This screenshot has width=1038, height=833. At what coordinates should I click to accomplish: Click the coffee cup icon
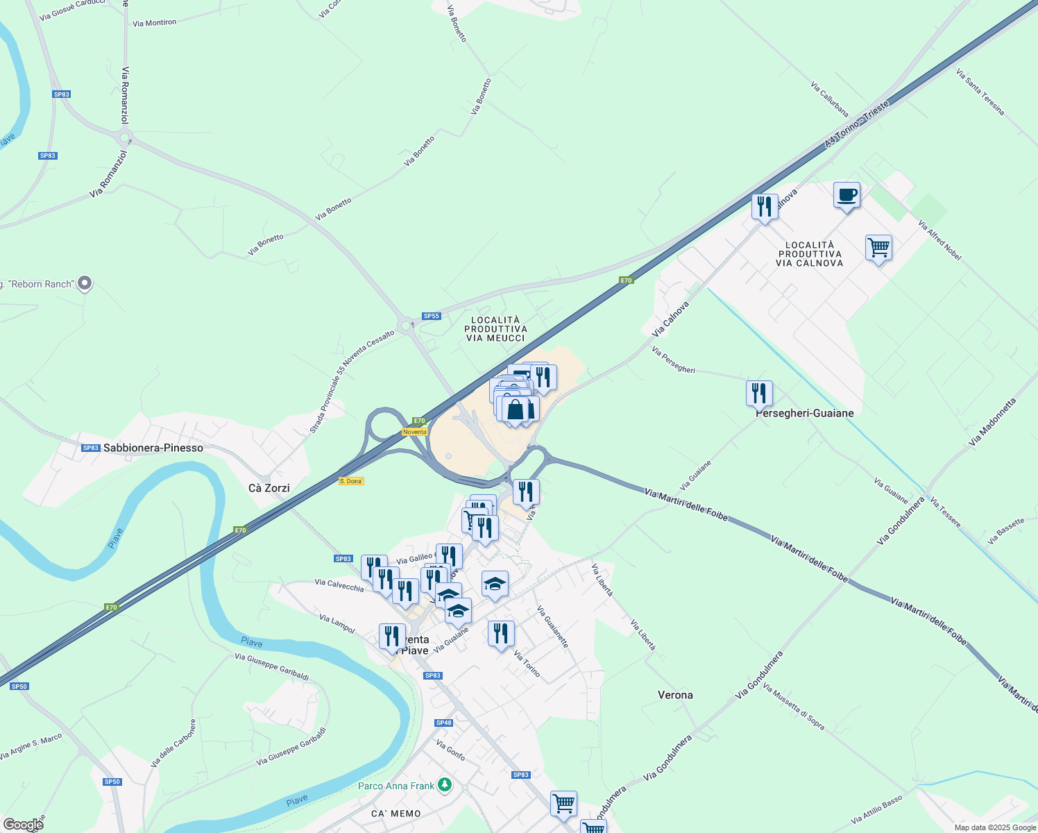coord(846,195)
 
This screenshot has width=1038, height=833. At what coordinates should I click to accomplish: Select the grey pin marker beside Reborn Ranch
coord(85,283)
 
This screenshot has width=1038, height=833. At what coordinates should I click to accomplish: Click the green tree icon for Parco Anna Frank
coord(445,786)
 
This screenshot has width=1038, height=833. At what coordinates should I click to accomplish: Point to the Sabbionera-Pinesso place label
coord(153,448)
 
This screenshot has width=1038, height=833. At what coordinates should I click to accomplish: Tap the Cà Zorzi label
coord(269,488)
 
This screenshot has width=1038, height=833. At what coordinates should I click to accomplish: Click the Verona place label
coord(675,695)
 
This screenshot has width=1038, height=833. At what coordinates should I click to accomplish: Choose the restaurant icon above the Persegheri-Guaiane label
coord(760,394)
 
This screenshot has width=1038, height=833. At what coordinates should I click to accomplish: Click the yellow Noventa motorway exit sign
coord(415,432)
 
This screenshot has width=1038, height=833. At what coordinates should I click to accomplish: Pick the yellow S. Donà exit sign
coord(351,481)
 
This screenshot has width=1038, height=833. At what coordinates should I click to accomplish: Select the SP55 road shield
coord(432,316)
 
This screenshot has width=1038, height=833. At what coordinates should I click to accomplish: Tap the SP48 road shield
coord(444,723)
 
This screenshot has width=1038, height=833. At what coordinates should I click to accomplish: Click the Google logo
coord(23,825)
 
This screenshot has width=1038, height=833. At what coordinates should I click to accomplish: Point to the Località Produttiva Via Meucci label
coord(495,328)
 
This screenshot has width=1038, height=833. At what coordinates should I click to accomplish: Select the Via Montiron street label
coord(155,23)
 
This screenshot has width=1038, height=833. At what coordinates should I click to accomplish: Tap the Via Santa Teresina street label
coord(980,92)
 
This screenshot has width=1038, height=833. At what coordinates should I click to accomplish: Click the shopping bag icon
coord(516,410)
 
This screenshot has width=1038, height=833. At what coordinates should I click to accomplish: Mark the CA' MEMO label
coord(395,814)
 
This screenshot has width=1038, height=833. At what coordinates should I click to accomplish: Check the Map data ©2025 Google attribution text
coord(995,827)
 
